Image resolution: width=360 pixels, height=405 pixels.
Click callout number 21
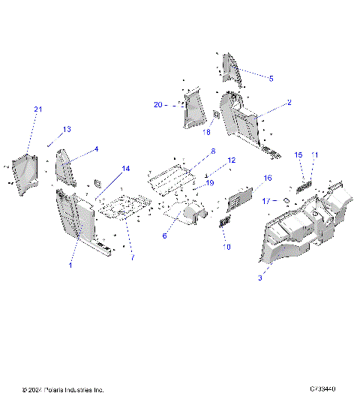click(38, 110)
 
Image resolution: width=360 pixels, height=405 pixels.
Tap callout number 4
click(96, 149)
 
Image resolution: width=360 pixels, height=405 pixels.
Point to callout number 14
click(126, 169)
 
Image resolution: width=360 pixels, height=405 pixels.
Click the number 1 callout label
click(71, 265)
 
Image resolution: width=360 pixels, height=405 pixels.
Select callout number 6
click(164, 235)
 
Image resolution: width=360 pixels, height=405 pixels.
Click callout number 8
click(213, 151)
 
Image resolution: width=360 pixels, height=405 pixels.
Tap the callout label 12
click(231, 160)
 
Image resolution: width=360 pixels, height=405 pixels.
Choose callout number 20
click(158, 105)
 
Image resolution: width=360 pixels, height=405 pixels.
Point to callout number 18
click(208, 132)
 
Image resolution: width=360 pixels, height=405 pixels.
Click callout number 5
click(271, 78)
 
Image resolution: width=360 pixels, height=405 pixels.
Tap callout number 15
click(298, 154)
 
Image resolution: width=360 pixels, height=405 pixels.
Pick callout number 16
click(266, 178)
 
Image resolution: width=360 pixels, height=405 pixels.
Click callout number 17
click(267, 201)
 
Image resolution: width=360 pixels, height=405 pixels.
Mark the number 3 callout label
click(259, 277)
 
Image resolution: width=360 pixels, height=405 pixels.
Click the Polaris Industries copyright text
click(64, 390)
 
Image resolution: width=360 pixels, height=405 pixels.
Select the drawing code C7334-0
click(322, 390)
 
